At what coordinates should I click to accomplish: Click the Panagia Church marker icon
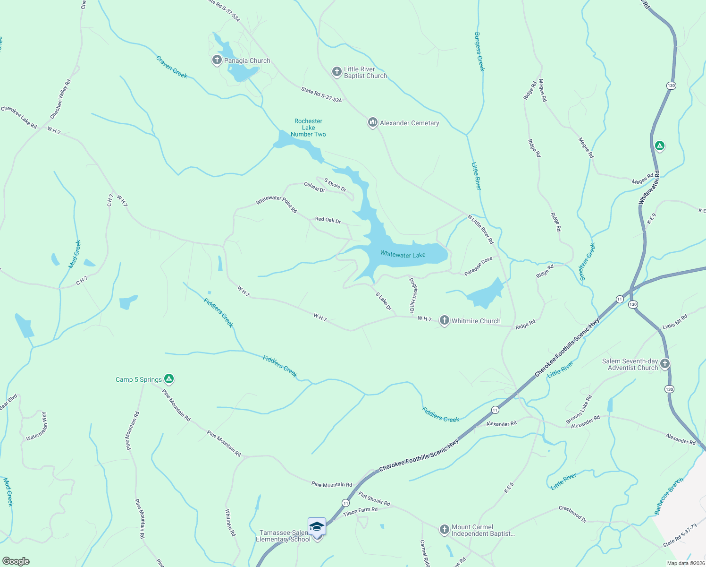(x=217, y=60)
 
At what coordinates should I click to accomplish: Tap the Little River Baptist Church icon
(x=336, y=72)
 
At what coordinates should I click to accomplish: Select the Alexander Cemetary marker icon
(x=372, y=123)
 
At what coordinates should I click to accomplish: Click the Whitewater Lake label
(x=403, y=255)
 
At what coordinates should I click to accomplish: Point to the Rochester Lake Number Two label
(x=308, y=128)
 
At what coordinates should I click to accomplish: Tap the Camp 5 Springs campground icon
(x=169, y=379)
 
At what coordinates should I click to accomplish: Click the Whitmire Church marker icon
(x=444, y=320)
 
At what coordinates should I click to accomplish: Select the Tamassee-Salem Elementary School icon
(x=317, y=526)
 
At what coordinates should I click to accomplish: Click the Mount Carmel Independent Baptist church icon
(x=444, y=530)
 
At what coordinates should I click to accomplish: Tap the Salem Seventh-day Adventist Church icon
(x=665, y=364)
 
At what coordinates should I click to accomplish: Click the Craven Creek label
(x=172, y=67)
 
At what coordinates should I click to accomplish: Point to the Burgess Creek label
(x=479, y=52)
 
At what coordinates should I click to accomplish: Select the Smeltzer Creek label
(x=588, y=262)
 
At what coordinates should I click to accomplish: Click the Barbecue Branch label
(x=669, y=496)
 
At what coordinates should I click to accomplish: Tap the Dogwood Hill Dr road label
(x=413, y=295)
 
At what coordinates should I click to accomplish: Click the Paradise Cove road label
(x=478, y=266)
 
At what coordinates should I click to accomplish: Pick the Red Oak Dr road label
(x=328, y=220)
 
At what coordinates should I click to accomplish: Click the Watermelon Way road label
(x=37, y=427)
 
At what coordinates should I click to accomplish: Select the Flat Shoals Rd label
(x=374, y=499)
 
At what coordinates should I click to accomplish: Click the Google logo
(x=16, y=561)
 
